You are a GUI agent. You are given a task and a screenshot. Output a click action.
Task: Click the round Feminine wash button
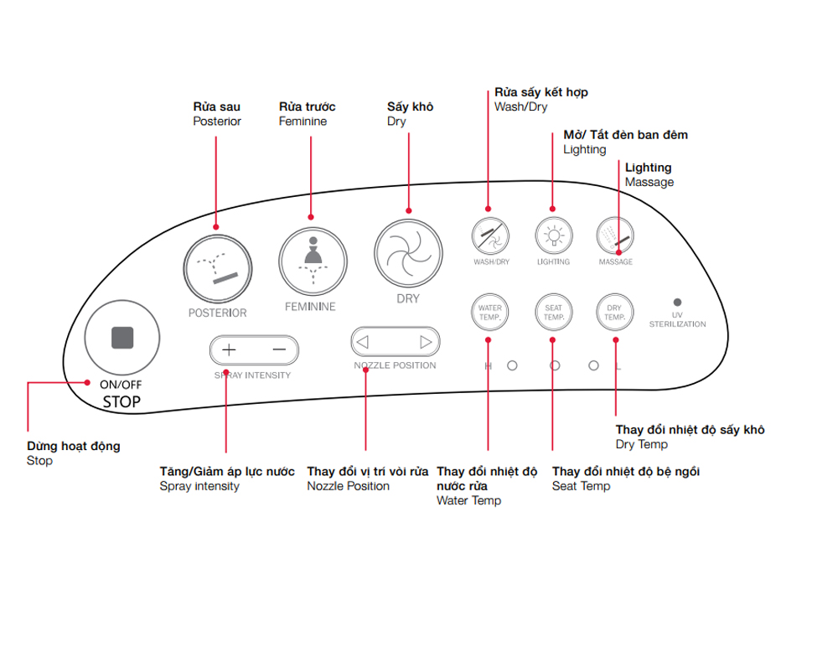[x=312, y=260]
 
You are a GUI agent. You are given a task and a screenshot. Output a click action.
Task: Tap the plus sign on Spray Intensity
[x=230, y=349]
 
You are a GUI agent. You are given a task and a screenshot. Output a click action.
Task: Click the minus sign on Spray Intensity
[x=279, y=349]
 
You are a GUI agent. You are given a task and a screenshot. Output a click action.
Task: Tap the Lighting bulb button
[x=552, y=236]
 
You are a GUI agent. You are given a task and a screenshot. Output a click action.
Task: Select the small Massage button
[x=614, y=236]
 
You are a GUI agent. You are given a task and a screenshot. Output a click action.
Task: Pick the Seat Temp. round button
[x=552, y=313]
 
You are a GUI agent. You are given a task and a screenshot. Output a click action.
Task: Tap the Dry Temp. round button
[x=615, y=313]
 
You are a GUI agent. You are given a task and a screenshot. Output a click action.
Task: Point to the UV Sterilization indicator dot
[x=677, y=302]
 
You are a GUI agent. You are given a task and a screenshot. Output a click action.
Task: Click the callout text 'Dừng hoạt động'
[x=74, y=447]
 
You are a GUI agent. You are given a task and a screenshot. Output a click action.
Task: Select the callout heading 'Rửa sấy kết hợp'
[x=541, y=92]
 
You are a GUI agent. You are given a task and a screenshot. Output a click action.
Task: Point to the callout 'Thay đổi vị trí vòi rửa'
[x=368, y=472]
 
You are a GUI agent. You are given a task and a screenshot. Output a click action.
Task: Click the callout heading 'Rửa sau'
[x=216, y=106]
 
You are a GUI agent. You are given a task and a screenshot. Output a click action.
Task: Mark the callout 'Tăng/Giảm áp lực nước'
[x=227, y=472]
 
